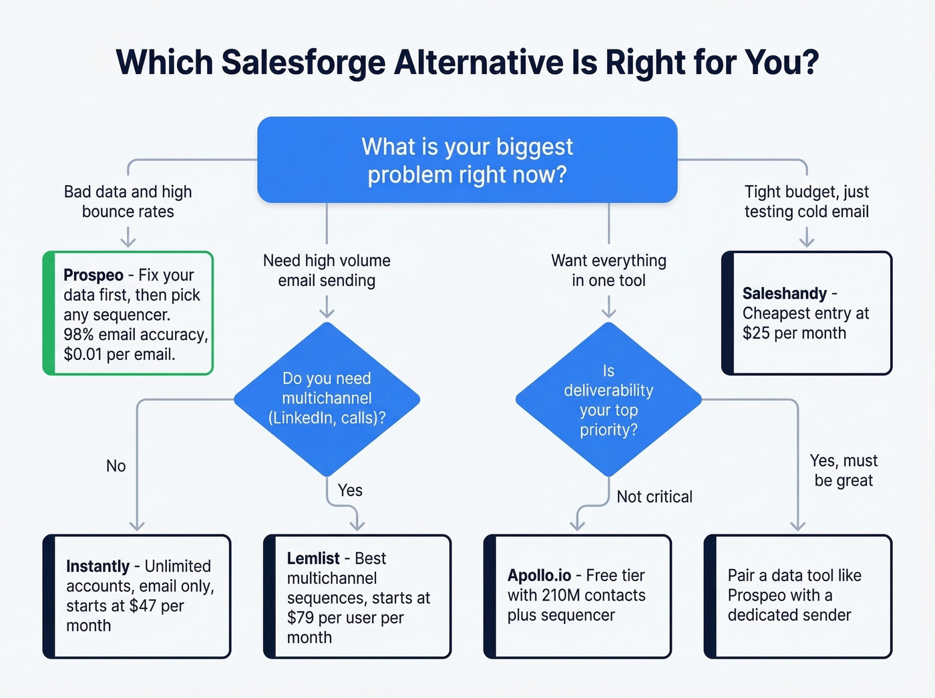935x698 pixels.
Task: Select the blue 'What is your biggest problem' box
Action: click(x=467, y=160)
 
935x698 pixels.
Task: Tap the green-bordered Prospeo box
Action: click(x=128, y=313)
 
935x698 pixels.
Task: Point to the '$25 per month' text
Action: click(x=794, y=333)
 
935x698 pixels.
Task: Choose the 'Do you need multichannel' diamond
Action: click(x=327, y=399)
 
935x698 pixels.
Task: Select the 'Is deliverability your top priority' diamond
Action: click(x=608, y=400)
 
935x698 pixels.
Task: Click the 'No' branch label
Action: click(x=116, y=466)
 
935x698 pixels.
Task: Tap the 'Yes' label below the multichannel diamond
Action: click(x=350, y=490)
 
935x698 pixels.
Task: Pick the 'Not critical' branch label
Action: click(x=654, y=497)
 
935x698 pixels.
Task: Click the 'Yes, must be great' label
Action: click(x=844, y=471)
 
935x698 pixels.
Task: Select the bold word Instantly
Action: click(x=98, y=566)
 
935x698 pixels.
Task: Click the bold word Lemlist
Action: click(x=313, y=558)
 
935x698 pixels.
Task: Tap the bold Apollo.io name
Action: click(x=539, y=576)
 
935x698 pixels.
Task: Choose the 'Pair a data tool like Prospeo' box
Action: click(x=798, y=596)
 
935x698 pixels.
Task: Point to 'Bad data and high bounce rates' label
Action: click(x=128, y=202)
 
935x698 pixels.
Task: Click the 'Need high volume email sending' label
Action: click(x=327, y=271)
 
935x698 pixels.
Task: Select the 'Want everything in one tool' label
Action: click(x=608, y=271)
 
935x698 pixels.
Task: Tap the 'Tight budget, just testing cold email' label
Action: click(x=807, y=202)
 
